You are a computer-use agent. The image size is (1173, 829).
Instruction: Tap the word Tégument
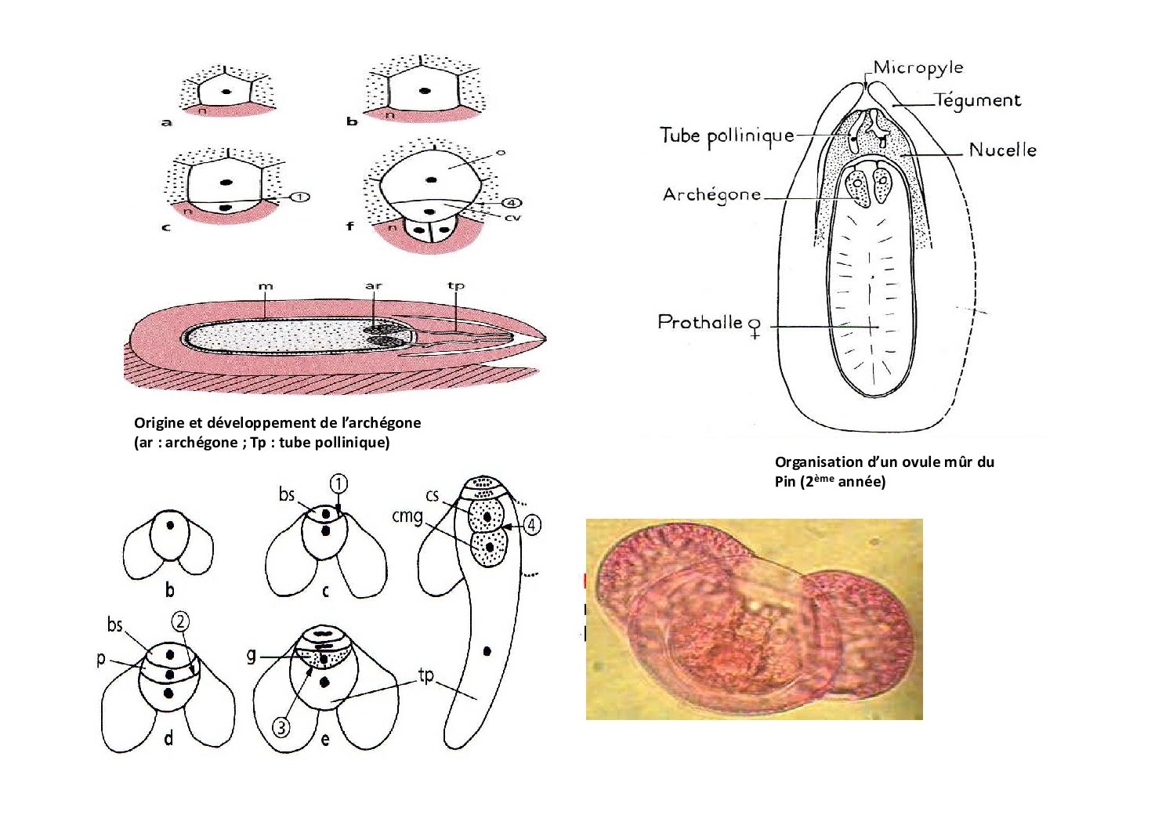(x=978, y=100)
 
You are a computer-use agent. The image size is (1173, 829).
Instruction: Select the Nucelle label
(x=1002, y=150)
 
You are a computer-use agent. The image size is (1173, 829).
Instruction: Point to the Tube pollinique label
(x=727, y=136)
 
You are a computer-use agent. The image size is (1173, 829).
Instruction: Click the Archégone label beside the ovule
(x=711, y=195)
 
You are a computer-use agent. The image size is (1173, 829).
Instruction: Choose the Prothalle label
(x=700, y=321)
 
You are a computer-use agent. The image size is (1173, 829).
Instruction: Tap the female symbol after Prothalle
(x=755, y=328)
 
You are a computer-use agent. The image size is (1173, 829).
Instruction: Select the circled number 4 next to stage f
(x=512, y=202)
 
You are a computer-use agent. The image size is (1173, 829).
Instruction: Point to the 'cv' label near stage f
(x=512, y=217)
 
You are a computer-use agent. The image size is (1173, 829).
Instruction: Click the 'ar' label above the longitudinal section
(x=374, y=286)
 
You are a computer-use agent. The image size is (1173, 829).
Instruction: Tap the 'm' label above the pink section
(x=266, y=287)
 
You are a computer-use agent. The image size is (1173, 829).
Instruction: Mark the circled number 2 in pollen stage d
(x=180, y=621)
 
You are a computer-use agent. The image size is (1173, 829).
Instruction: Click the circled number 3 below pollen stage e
(x=281, y=727)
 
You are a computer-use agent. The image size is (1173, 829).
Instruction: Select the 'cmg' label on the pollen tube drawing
(x=407, y=517)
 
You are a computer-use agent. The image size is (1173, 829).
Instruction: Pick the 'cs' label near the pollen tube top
(x=432, y=495)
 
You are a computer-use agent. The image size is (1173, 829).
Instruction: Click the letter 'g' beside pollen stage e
(x=252, y=655)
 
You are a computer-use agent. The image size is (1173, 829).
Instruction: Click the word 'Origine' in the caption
(x=160, y=423)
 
